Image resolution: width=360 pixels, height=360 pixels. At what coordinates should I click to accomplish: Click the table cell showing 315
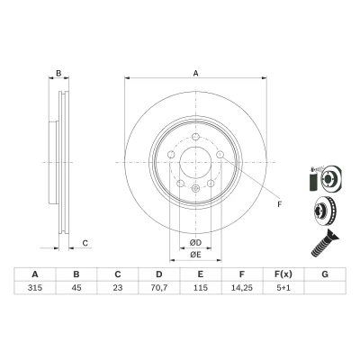(x=35, y=288)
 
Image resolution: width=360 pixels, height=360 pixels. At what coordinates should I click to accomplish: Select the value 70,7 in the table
(x=159, y=288)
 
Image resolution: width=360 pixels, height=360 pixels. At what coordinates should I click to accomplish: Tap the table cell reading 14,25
(x=242, y=288)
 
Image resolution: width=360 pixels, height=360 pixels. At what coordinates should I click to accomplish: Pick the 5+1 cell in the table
(x=283, y=288)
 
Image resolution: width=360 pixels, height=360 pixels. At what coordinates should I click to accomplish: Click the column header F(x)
(x=283, y=274)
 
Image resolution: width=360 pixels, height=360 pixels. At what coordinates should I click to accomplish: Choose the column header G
(x=325, y=274)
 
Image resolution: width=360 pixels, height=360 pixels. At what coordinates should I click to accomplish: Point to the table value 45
(x=76, y=288)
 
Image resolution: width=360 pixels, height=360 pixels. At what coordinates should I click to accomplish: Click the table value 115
(x=201, y=288)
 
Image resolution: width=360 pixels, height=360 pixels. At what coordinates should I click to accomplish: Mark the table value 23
(x=118, y=288)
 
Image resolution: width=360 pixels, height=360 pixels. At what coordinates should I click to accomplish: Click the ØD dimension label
(x=195, y=242)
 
